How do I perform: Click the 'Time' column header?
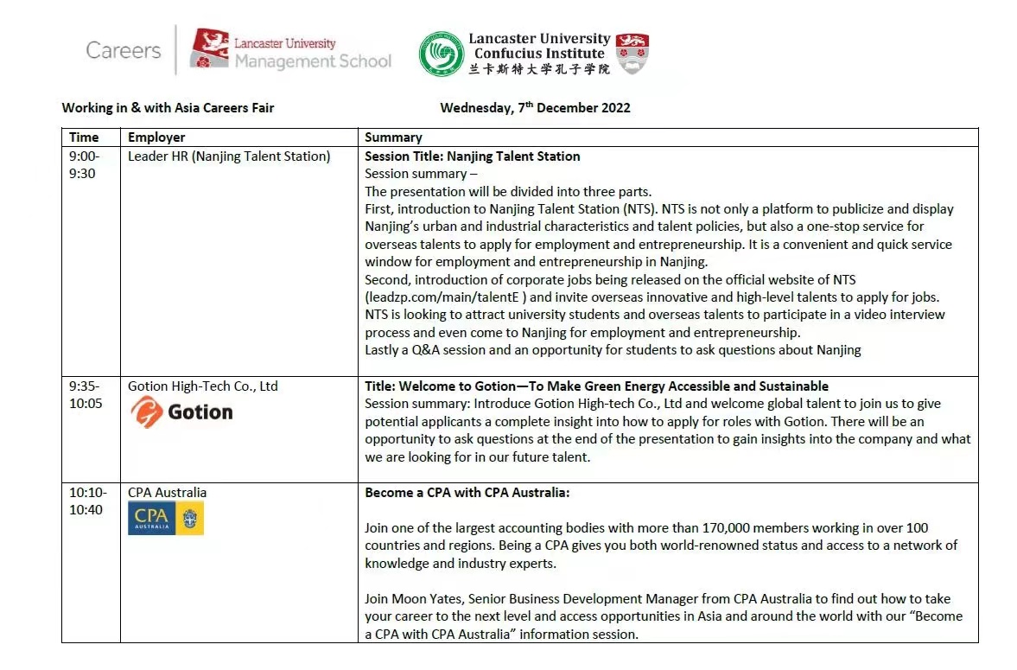84,137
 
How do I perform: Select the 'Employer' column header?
156,137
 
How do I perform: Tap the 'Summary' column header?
393,137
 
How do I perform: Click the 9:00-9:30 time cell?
85,164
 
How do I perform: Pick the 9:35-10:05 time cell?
85,394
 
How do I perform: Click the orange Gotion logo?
181,412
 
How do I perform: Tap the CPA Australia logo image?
165,519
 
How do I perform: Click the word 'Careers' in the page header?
123,50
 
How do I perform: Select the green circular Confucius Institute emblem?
441,54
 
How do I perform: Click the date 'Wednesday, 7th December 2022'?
535,108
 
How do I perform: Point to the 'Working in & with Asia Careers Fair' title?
168,108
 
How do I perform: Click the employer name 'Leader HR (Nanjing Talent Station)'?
229,156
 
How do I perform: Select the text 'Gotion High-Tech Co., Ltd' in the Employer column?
203,386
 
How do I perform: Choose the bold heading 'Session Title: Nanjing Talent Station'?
472,156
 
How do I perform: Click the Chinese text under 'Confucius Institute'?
539,68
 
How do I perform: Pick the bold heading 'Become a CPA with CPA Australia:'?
467,493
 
